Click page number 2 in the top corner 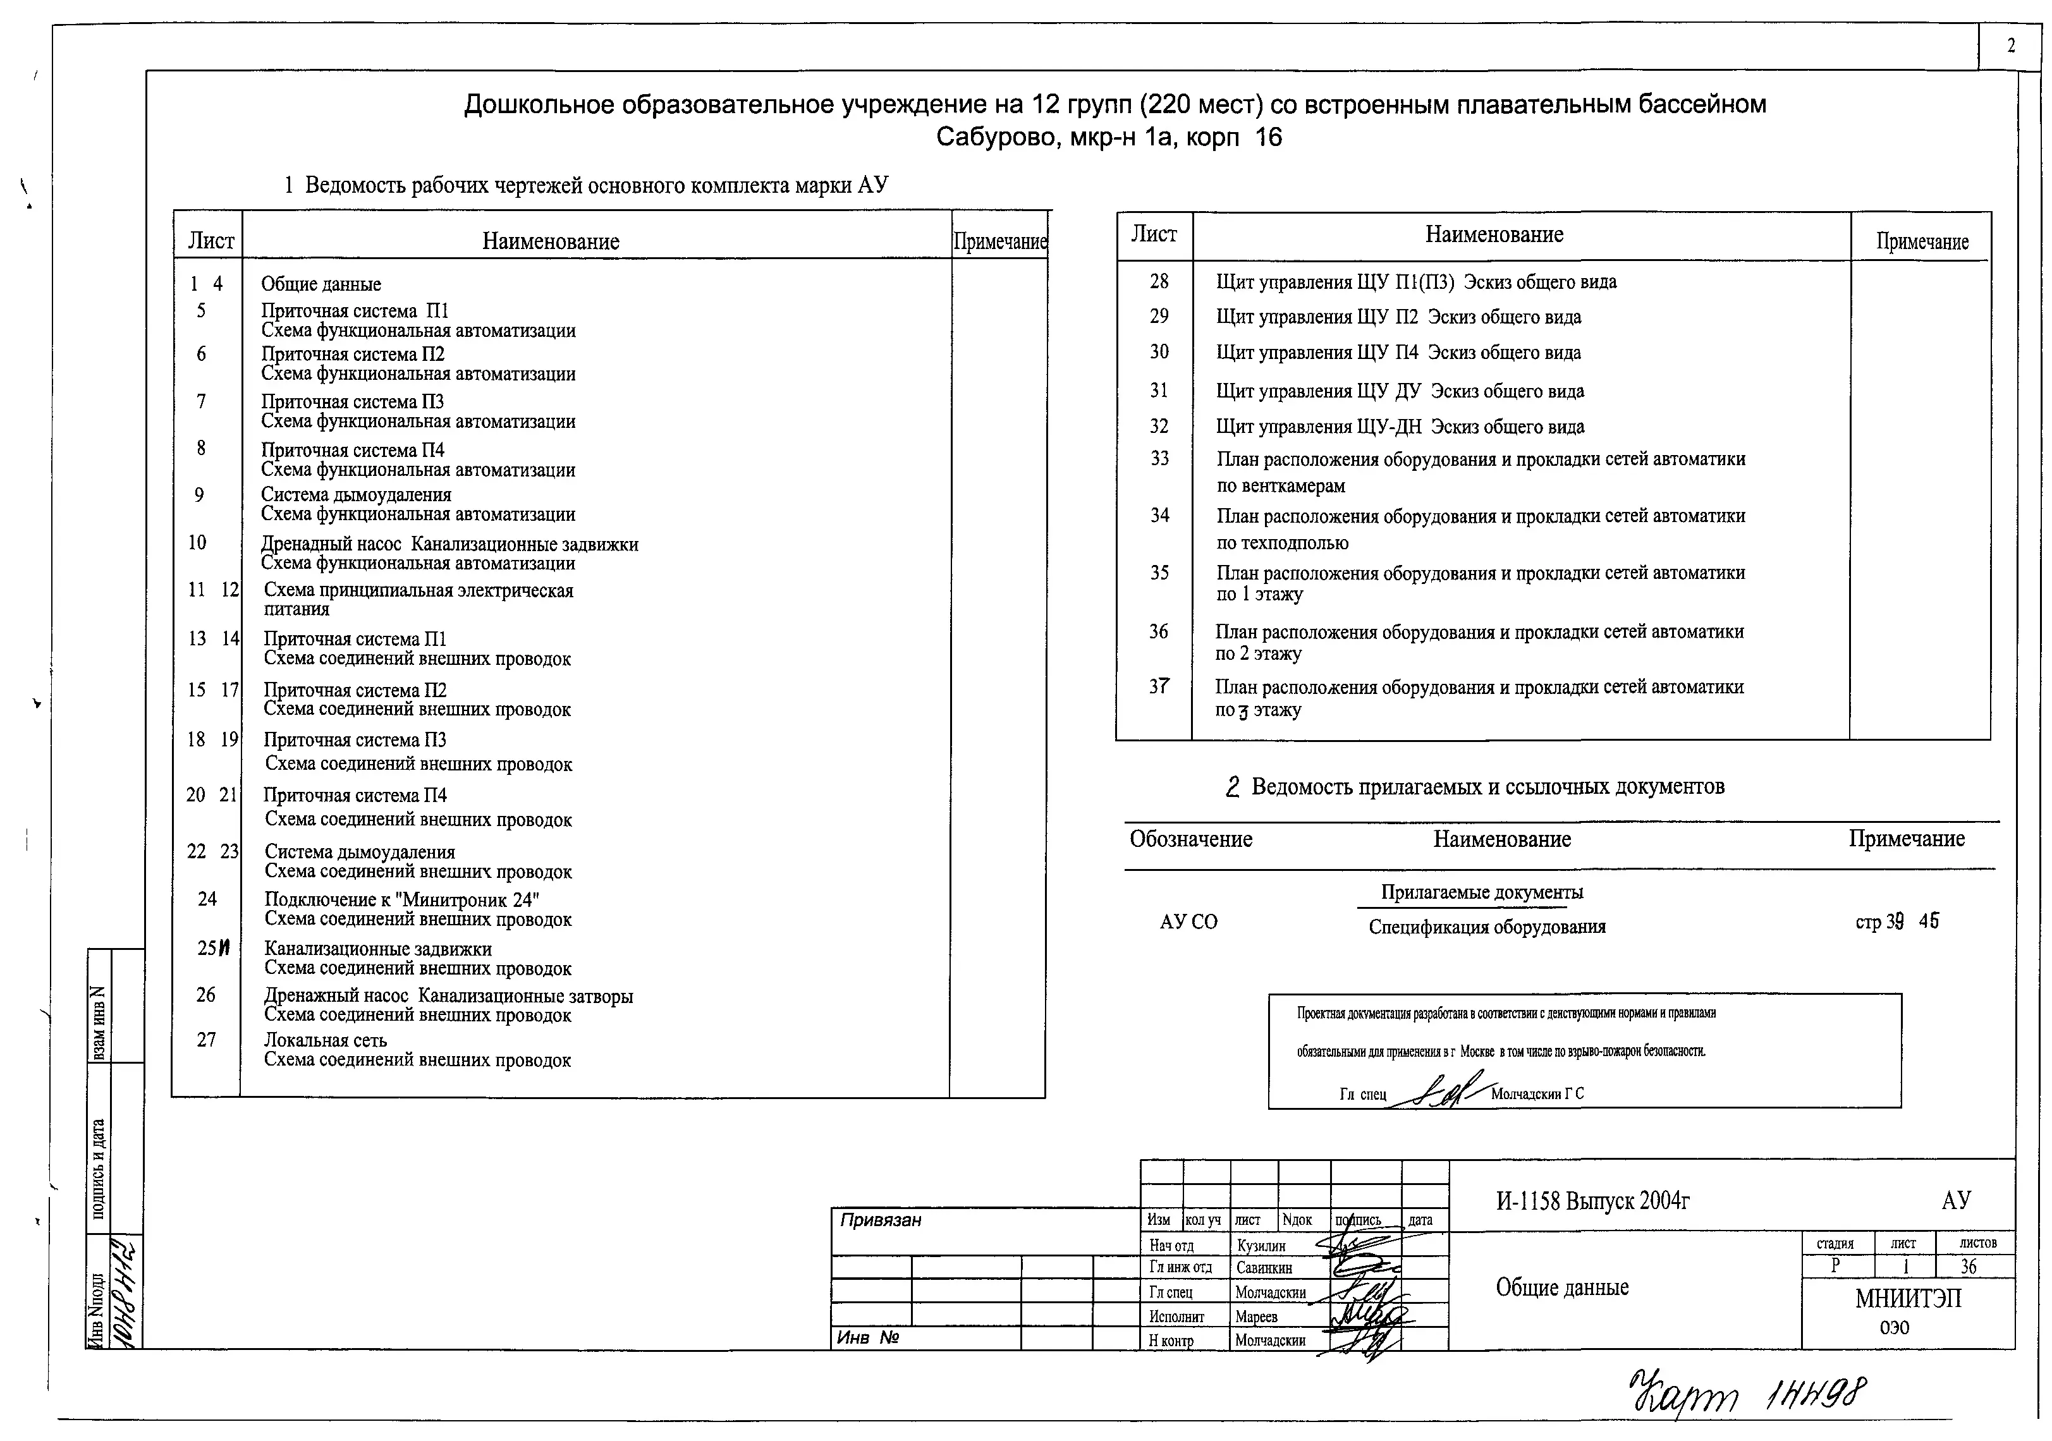[x=2011, y=47]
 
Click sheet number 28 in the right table [x=1159, y=281]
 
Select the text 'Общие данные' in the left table [x=321, y=284]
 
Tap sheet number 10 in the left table [x=197, y=542]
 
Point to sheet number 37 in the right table [x=1159, y=686]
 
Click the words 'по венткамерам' [x=1281, y=486]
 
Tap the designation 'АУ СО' [x=1188, y=922]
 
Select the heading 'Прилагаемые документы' [x=1482, y=892]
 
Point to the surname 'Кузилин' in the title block [x=1261, y=1245]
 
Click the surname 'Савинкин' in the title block [x=1264, y=1268]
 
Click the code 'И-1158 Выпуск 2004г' [x=1592, y=1201]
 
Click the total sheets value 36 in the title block [x=1968, y=1266]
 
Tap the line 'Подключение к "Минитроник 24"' [x=402, y=899]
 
